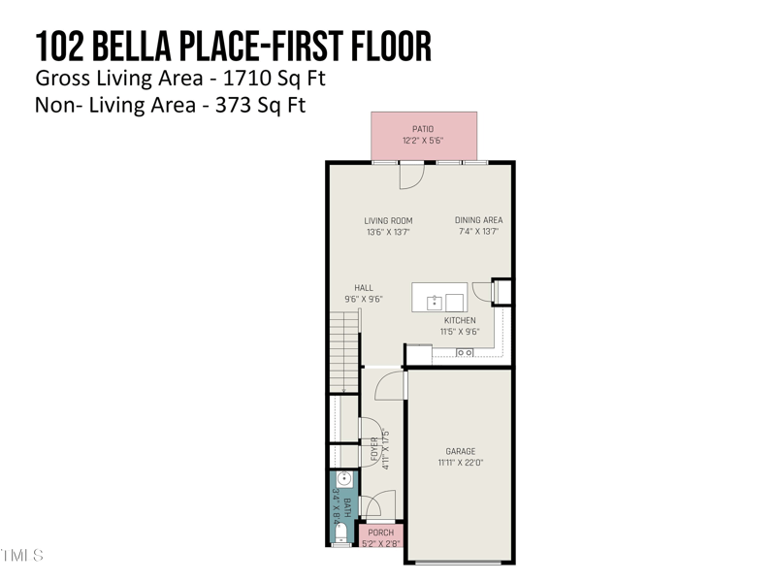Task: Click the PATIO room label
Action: (423, 129)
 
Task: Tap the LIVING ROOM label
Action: (389, 221)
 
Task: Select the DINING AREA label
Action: (478, 220)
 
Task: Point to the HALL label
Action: (364, 287)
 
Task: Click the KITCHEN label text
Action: (460, 320)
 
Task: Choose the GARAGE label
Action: (461, 451)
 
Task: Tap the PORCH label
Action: (381, 533)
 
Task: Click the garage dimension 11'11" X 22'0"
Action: (461, 463)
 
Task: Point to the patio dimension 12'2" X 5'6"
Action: (423, 141)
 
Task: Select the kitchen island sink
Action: (434, 302)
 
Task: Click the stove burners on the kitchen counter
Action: (465, 352)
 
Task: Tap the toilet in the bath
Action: (341, 533)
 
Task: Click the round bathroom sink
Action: (344, 479)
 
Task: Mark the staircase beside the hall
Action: (344, 352)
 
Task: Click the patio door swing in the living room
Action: (412, 176)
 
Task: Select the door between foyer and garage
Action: (391, 385)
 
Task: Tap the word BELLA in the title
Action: (132, 46)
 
